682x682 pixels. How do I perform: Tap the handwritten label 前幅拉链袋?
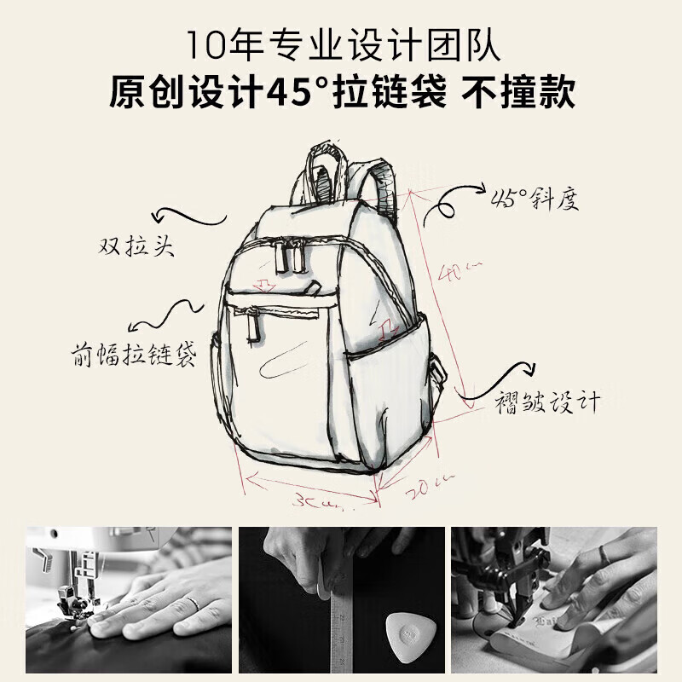point(134,354)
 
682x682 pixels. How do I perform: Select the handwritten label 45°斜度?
point(535,199)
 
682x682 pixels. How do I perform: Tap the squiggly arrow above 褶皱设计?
point(503,376)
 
